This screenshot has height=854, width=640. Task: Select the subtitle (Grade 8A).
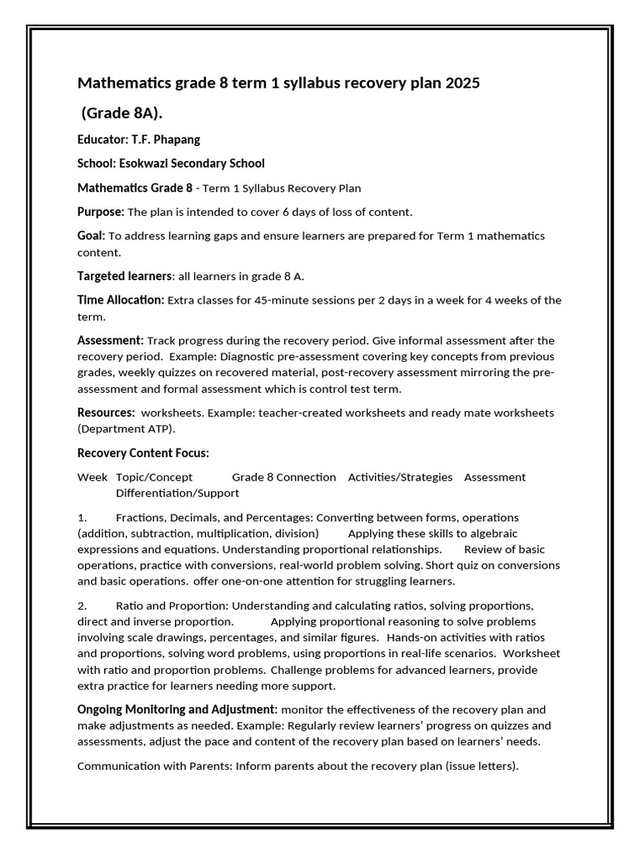pos(121,113)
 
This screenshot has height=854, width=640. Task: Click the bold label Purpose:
pos(101,212)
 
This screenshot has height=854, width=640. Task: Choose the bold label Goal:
pos(91,236)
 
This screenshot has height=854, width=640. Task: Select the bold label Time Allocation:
pos(121,300)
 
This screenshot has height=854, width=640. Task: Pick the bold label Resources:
pos(106,413)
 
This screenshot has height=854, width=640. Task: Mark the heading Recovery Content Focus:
pos(143,453)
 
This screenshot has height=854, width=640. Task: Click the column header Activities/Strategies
pos(400,477)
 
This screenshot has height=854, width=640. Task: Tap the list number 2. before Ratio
pos(82,605)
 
